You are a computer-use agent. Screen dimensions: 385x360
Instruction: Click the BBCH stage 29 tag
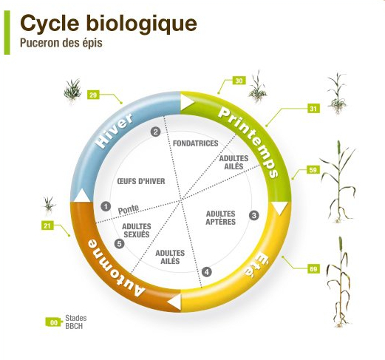(x=93, y=95)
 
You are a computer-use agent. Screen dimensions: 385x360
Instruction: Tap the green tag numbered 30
(x=239, y=81)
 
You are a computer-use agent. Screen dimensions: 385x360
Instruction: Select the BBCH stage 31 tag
(x=313, y=109)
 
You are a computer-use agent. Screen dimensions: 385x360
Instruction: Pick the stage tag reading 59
(x=313, y=170)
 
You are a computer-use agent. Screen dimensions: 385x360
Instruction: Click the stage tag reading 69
(x=313, y=269)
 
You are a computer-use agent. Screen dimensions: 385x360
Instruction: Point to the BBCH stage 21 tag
(x=47, y=225)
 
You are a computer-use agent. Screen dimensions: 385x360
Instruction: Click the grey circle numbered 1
(x=106, y=206)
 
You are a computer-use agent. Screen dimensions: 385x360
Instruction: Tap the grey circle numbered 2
(x=155, y=132)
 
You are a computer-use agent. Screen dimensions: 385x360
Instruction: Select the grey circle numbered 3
(x=254, y=215)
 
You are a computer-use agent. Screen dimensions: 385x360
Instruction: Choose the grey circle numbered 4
(x=207, y=272)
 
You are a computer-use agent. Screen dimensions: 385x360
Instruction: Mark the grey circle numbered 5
(x=120, y=244)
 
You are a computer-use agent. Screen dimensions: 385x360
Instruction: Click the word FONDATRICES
(x=196, y=143)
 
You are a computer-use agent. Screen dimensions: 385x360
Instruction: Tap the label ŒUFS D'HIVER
(x=141, y=181)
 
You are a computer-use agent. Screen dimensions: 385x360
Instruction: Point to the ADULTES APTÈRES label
(x=221, y=217)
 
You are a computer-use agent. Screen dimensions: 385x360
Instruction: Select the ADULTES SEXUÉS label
(x=137, y=231)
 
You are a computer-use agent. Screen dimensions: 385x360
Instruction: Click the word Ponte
(x=129, y=209)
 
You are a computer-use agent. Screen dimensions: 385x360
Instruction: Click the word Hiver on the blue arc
(x=115, y=131)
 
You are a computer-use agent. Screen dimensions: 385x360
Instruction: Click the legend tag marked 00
(x=53, y=322)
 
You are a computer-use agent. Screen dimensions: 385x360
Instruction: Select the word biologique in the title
(x=142, y=24)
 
